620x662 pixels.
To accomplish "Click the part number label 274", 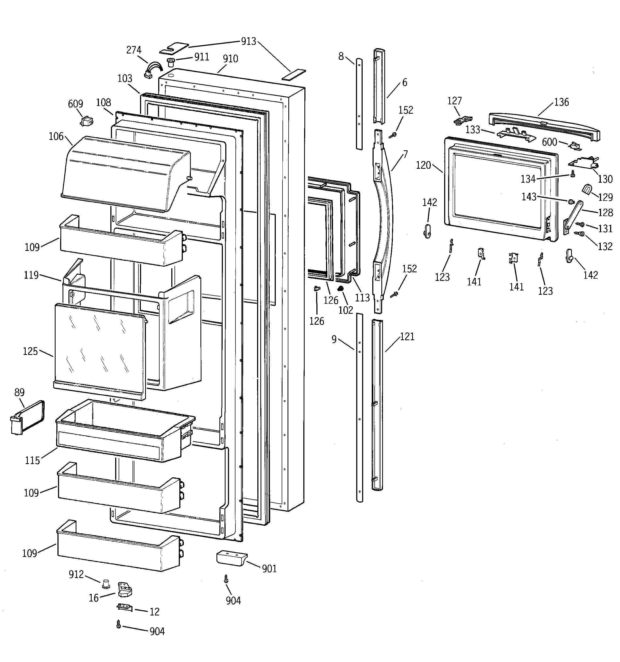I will (x=134, y=50).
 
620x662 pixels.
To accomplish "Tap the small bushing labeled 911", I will (x=171, y=62).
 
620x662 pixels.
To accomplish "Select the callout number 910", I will (x=230, y=59).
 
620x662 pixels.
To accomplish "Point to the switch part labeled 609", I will (x=87, y=121).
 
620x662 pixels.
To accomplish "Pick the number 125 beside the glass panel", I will (x=30, y=351).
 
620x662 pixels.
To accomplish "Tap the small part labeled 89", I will (x=27, y=418).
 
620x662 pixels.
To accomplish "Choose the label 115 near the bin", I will (x=32, y=461).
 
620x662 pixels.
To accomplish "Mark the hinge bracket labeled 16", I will (x=125, y=590).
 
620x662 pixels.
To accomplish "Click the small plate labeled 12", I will (x=125, y=608).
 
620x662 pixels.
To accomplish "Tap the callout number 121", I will (x=407, y=337).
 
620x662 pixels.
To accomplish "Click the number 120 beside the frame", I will (x=423, y=165).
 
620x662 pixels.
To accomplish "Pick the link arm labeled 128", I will (x=573, y=216).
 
